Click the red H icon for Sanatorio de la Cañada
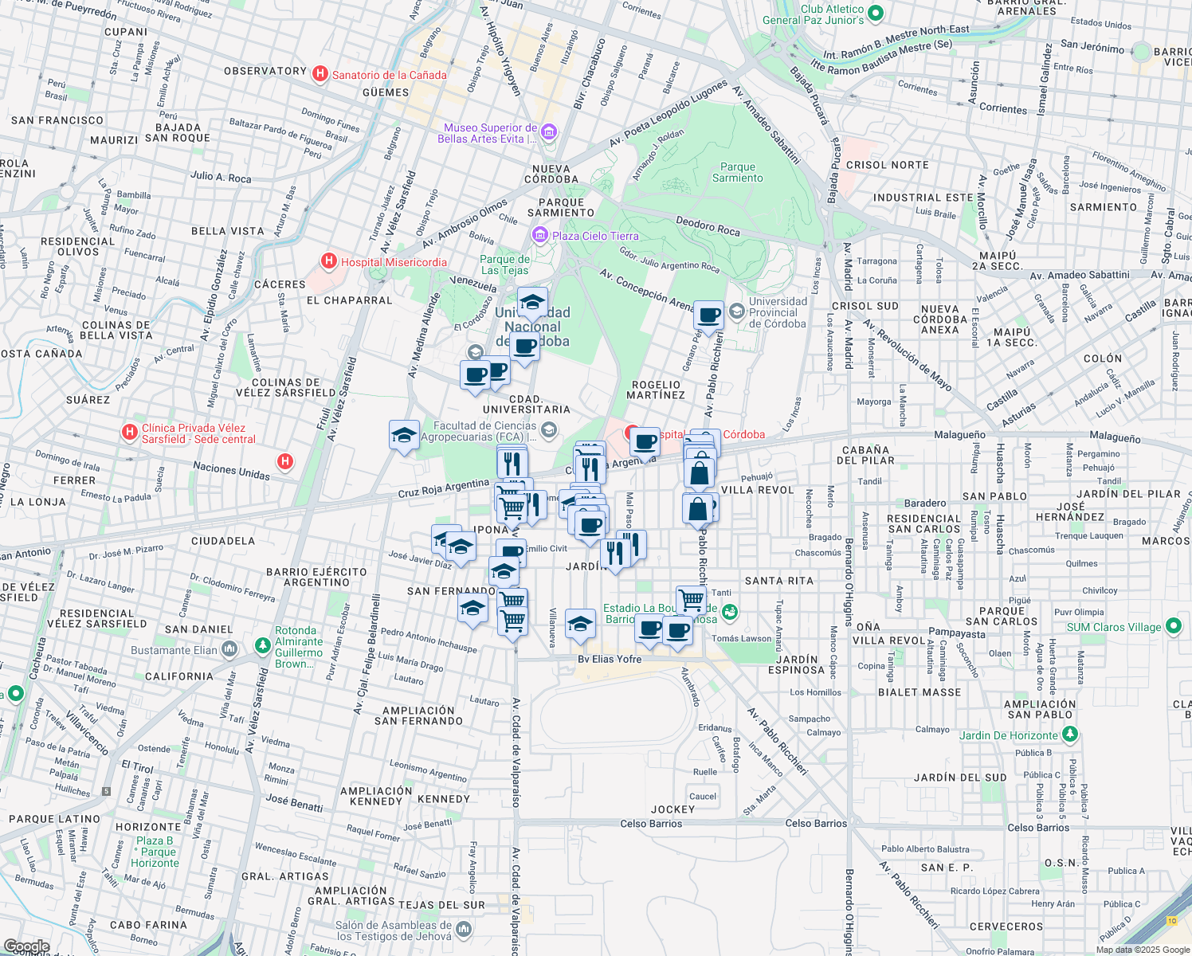tap(320, 74)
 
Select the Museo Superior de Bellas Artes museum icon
tap(549, 132)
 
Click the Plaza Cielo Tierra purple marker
tap(540, 235)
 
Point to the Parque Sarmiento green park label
tap(737, 173)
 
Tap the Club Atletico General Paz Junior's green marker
tap(876, 14)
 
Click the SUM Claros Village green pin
tap(1173, 626)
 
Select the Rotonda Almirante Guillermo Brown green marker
tap(262, 645)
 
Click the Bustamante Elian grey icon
tap(229, 649)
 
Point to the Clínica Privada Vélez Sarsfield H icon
tap(129, 433)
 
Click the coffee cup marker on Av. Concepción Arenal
tap(708, 315)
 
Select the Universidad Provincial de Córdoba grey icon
tap(737, 310)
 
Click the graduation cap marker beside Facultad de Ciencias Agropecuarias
tap(404, 435)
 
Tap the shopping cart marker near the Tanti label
tap(691, 599)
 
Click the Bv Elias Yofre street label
tap(610, 659)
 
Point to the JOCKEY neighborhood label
tap(672, 809)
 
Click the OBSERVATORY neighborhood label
tap(265, 71)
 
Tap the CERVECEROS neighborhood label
tap(1006, 927)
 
